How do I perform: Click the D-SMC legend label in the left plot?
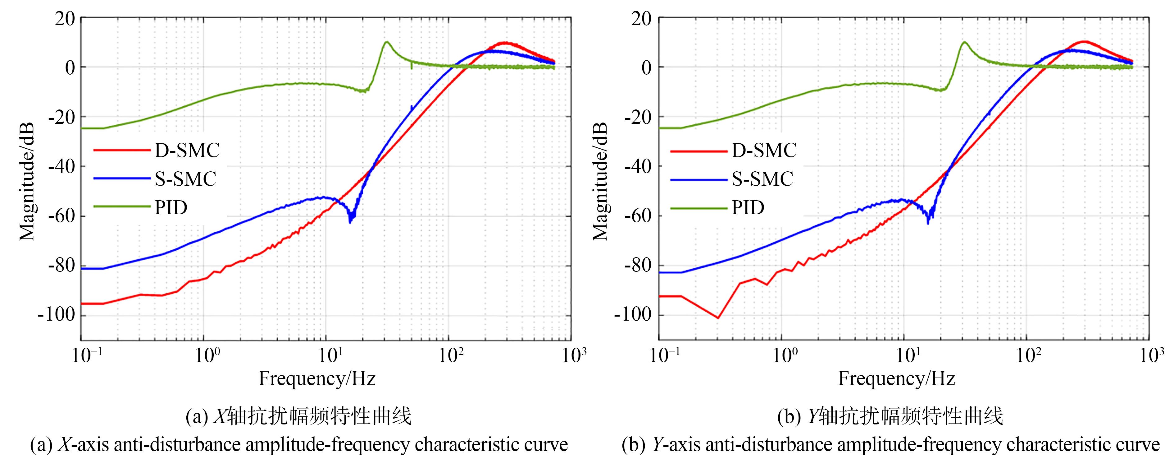[x=187, y=150]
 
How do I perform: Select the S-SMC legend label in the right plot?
[x=762, y=179]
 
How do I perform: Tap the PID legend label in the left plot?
[x=171, y=208]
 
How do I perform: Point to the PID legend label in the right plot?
[x=748, y=208]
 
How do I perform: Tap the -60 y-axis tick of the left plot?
[x=61, y=216]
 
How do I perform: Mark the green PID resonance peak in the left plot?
[x=386, y=42]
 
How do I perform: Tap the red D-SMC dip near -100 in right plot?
[x=718, y=318]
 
